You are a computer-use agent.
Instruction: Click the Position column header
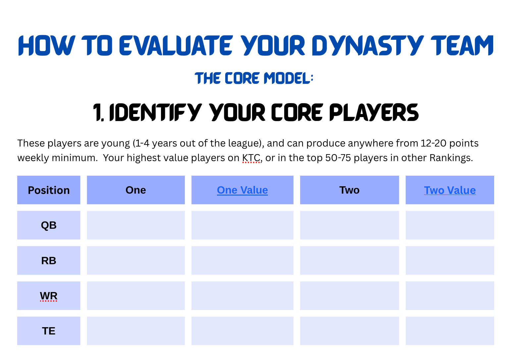point(49,190)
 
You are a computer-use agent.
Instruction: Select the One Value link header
point(242,190)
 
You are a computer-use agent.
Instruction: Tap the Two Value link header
point(449,190)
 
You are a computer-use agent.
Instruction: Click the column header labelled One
point(136,190)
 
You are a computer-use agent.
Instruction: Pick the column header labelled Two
point(349,190)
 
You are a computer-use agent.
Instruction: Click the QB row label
point(49,225)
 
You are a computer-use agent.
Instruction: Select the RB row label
point(49,261)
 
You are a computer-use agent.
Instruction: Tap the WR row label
point(49,296)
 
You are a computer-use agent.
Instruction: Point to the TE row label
point(49,331)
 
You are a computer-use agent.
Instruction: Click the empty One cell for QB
point(136,225)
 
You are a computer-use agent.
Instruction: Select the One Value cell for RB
point(242,261)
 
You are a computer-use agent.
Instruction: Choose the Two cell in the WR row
point(349,296)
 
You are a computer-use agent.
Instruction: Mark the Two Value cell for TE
point(449,331)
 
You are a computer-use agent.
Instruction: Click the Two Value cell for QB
point(449,225)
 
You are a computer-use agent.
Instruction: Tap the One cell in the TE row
point(136,331)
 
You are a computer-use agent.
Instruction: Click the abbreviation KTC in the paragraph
point(251,158)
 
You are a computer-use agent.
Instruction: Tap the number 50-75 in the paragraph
point(338,158)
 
